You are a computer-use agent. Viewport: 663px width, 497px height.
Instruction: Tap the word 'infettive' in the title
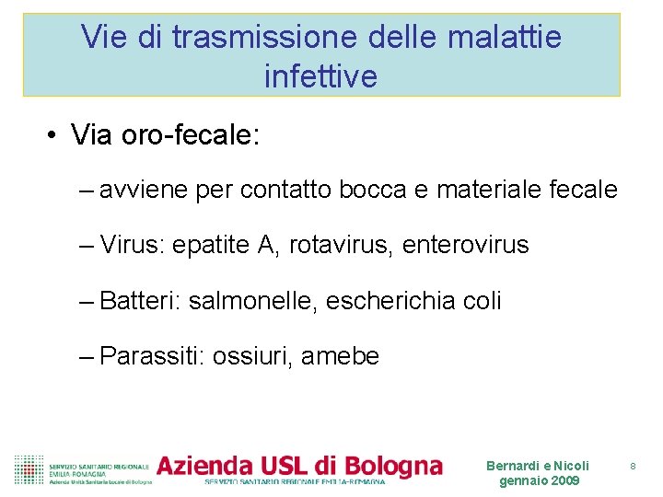(x=320, y=75)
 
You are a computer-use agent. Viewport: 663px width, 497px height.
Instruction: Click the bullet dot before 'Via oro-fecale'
(x=53, y=137)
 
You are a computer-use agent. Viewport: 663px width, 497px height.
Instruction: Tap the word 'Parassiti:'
(x=152, y=356)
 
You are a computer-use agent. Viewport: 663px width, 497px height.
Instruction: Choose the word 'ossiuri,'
(x=255, y=356)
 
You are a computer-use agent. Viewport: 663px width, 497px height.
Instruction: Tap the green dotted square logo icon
(x=29, y=469)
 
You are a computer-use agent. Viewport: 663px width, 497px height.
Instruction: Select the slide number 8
(x=634, y=467)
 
